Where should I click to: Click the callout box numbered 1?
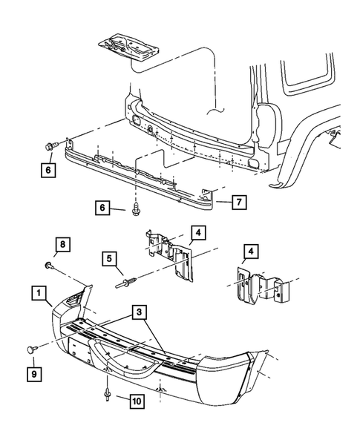(38, 294)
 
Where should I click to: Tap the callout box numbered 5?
(109, 259)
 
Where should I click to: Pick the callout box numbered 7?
(238, 200)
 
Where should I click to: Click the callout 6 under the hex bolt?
(48, 170)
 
